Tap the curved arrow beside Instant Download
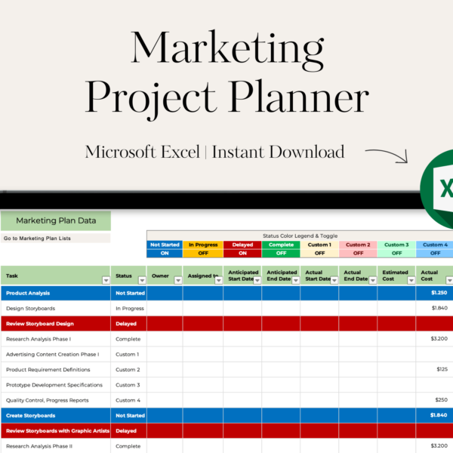[x=387, y=155]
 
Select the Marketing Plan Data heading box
[x=56, y=220]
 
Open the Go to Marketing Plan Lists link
[x=37, y=239]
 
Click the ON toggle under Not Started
[x=165, y=253]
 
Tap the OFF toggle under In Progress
[x=203, y=253]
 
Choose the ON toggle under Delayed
[x=242, y=253]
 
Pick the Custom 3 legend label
[x=396, y=245]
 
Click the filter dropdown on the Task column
[x=106, y=280]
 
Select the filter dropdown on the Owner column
[x=178, y=280]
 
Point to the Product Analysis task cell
[x=56, y=293]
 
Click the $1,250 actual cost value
[x=439, y=293]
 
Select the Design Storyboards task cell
[x=56, y=308]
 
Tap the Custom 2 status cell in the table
[x=128, y=369]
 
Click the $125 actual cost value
[x=442, y=369]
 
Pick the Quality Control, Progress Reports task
[x=48, y=400]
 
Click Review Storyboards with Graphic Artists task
[x=58, y=431]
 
